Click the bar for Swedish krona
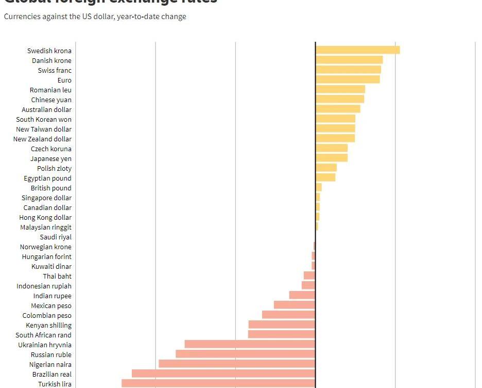358,50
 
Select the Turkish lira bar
218,383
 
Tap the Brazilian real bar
223,374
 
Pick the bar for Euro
348,79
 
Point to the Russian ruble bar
245,354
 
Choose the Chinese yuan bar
340,99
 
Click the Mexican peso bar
294,305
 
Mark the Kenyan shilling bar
282,325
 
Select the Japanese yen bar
332,158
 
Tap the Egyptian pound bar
325,177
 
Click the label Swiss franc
55,70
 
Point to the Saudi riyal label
56,237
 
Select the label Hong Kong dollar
45,218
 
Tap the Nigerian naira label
50,365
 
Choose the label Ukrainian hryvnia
45,345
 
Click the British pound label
51,188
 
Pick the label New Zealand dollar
42,139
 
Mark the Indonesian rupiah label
44,286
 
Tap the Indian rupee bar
302,295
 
